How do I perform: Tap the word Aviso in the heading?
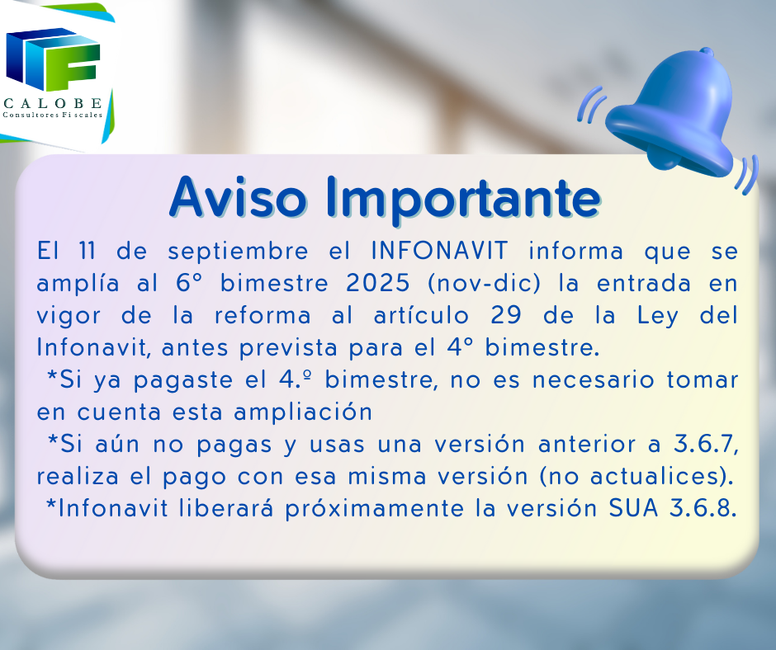(x=238, y=197)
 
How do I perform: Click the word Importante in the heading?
(x=463, y=198)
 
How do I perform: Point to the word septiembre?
(x=238, y=252)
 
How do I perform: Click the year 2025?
(x=377, y=283)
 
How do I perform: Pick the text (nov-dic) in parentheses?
(x=484, y=284)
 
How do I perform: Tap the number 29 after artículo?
(x=505, y=315)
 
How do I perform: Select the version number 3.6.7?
(x=706, y=445)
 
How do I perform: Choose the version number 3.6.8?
(x=703, y=508)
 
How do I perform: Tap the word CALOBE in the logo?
(x=53, y=103)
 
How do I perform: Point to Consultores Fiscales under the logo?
(x=53, y=115)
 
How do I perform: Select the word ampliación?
(x=303, y=413)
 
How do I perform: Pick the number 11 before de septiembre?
(x=88, y=251)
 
